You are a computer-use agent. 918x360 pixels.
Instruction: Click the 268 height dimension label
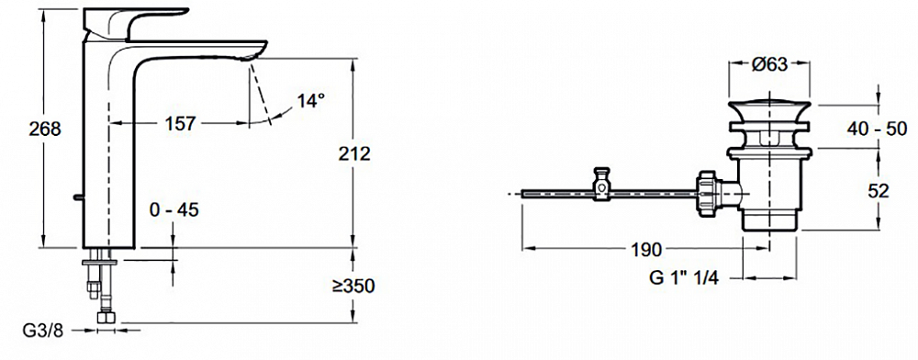(x=45, y=129)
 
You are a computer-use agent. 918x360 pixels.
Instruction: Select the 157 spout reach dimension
(x=179, y=123)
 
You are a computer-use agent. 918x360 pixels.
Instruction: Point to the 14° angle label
(x=310, y=101)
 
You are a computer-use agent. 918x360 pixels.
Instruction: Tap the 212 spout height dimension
(x=354, y=153)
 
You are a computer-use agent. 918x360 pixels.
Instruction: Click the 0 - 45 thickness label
(x=174, y=209)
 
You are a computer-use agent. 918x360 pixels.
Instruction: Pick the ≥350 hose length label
(x=353, y=287)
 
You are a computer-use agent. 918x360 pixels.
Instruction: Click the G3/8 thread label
(x=42, y=332)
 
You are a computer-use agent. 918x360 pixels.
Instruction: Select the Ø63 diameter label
(x=768, y=65)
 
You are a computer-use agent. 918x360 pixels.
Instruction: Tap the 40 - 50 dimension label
(x=877, y=129)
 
